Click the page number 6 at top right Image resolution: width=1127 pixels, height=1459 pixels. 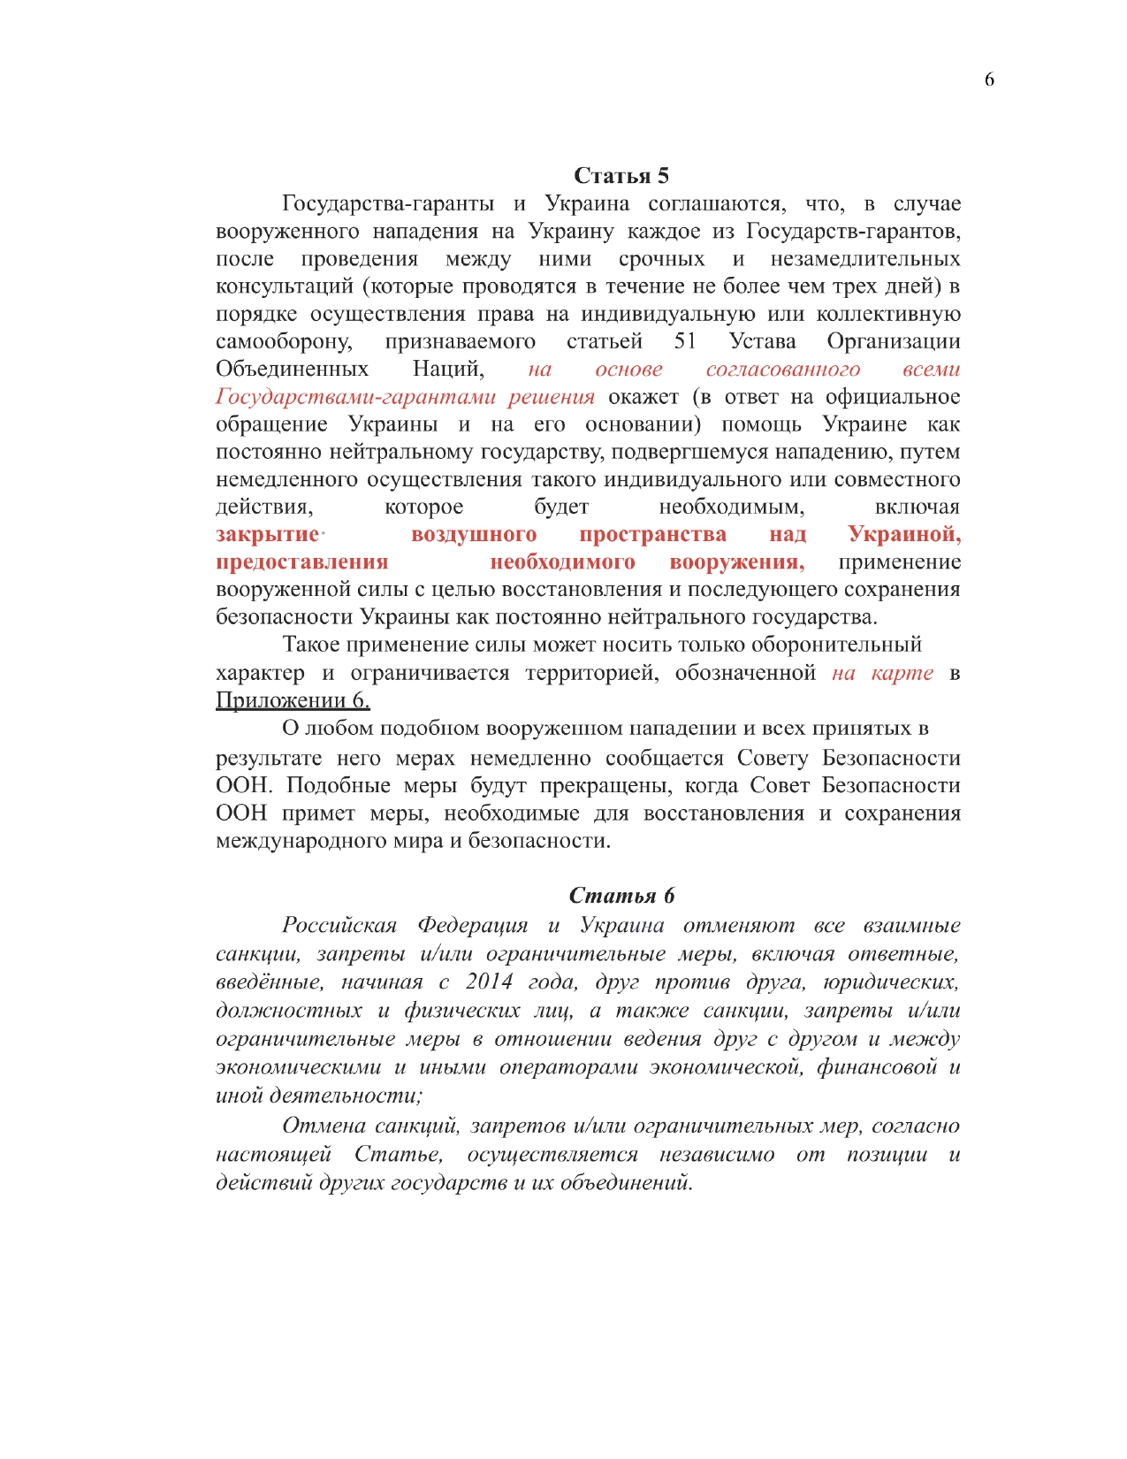pos(989,80)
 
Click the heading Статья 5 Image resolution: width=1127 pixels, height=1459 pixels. pos(621,175)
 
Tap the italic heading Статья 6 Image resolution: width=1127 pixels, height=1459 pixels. pos(621,896)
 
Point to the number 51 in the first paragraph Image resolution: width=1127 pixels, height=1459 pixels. pos(685,341)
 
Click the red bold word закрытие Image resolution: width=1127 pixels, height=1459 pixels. pos(267,534)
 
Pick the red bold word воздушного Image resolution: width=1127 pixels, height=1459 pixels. pos(474,534)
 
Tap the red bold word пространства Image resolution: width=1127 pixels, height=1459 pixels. pos(652,534)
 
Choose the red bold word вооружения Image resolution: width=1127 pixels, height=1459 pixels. pos(737,562)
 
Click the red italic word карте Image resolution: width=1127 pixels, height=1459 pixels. pos(902,673)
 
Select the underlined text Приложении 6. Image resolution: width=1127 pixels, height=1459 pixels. pos(293,700)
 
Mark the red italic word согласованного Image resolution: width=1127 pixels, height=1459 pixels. pos(782,370)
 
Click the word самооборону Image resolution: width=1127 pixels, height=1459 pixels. pos(284,342)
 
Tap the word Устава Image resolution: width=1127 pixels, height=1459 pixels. pos(762,341)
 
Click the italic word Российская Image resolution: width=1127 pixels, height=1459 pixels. pos(339,926)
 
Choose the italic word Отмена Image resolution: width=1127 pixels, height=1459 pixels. pos(324,1126)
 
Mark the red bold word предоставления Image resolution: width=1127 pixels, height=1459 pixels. pos(301,562)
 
